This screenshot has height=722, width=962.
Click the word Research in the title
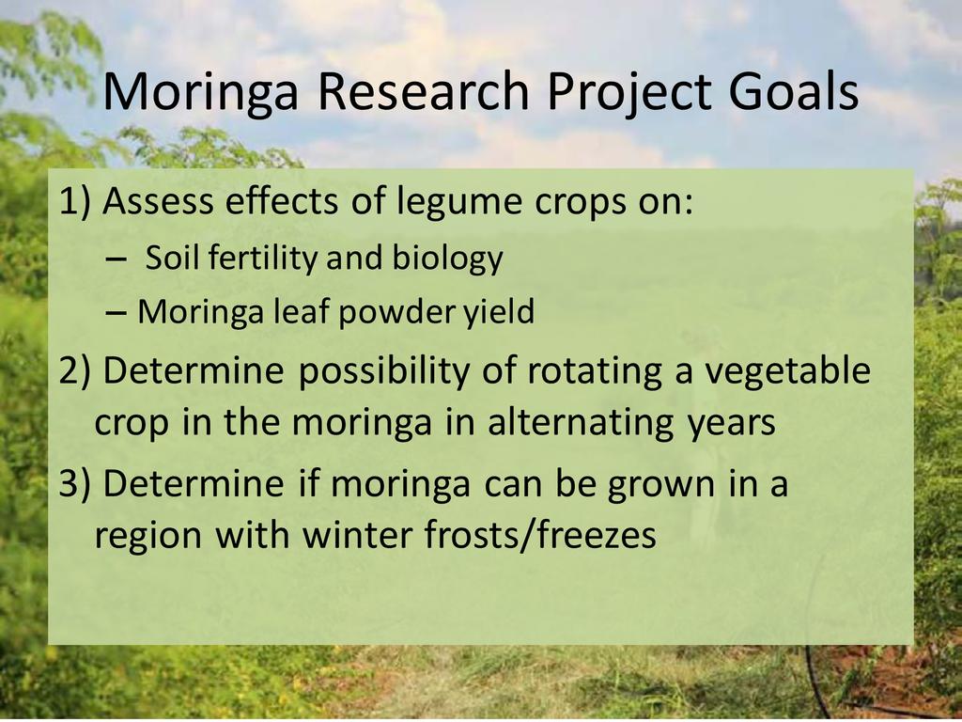424,91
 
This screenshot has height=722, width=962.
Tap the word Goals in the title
794,91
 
